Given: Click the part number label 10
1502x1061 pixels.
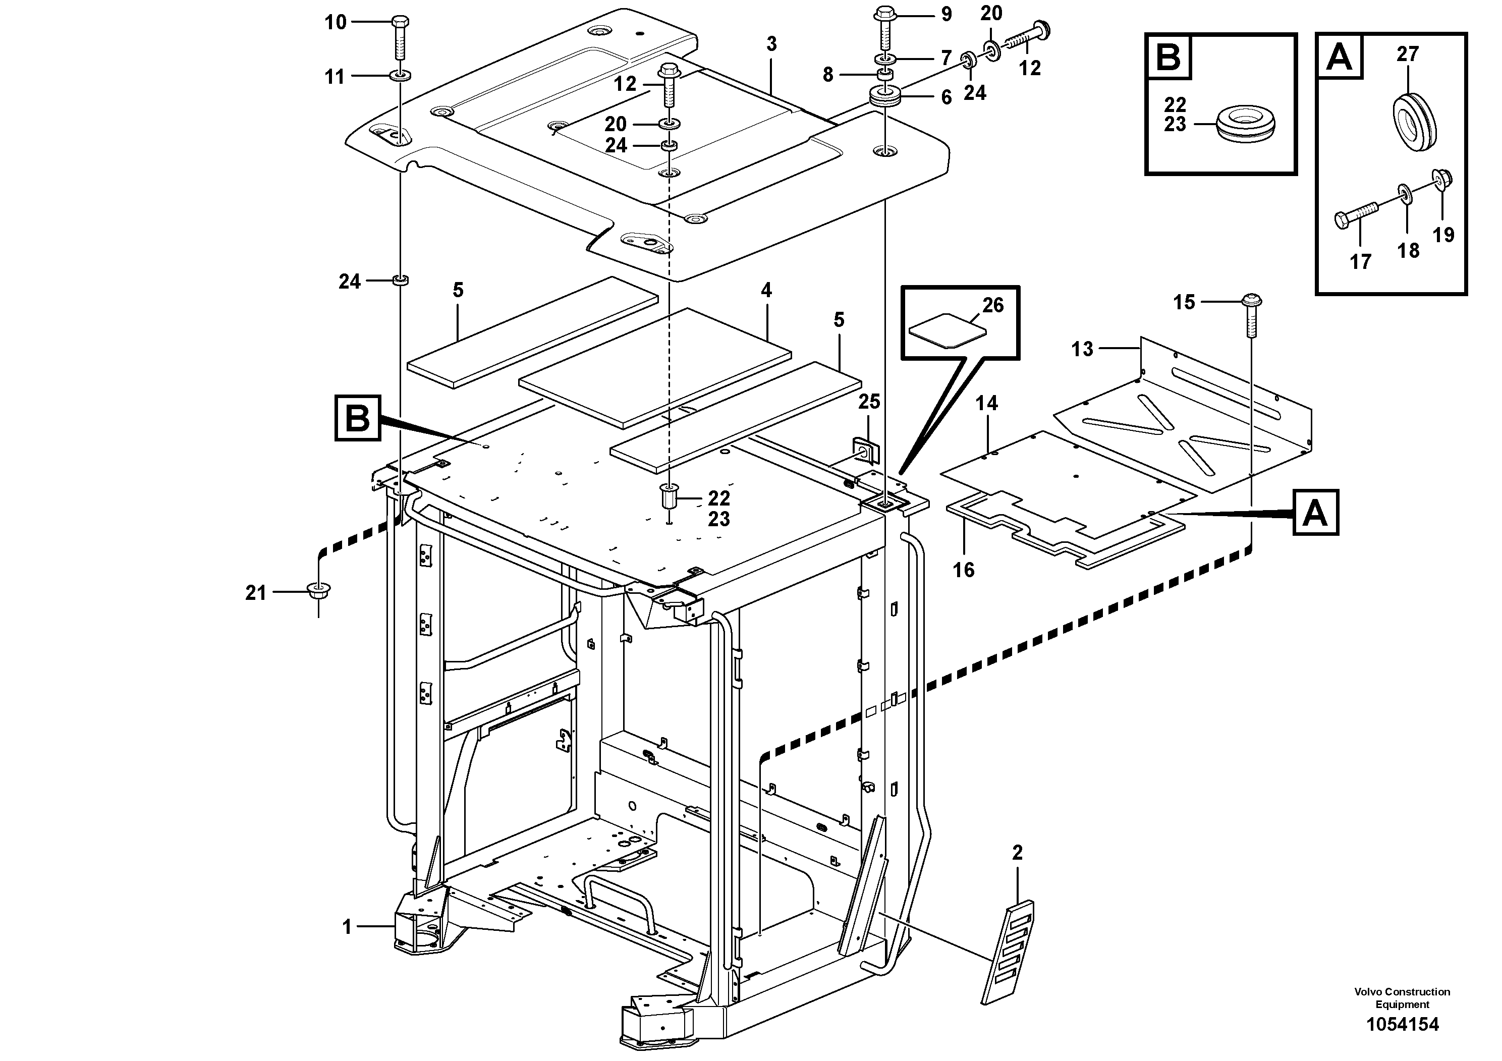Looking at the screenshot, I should tap(336, 22).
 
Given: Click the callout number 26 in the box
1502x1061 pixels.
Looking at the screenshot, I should tap(992, 305).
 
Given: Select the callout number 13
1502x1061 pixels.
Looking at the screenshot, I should tap(1082, 349).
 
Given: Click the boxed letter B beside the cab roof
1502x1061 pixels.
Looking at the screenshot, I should tap(357, 417).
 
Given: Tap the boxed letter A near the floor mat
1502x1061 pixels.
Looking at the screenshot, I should tap(1315, 513).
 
